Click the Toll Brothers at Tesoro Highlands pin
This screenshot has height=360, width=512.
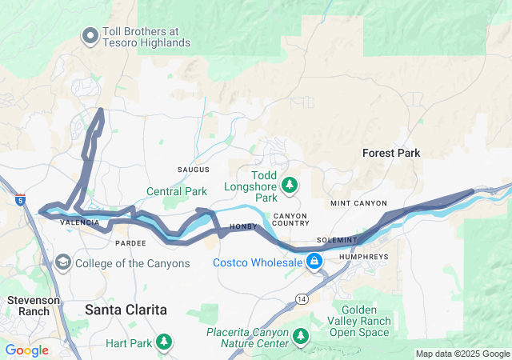[x=90, y=34]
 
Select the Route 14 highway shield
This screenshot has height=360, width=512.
[x=300, y=298]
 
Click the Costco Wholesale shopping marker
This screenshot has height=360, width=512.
[x=314, y=262]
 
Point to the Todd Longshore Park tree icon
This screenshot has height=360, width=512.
[x=289, y=186]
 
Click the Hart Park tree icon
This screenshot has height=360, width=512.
[x=163, y=342]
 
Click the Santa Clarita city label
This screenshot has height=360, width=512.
[x=126, y=308]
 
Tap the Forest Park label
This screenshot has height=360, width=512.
[x=391, y=153]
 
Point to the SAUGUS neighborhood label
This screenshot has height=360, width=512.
[x=193, y=170]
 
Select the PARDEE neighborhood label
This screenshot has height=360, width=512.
[x=130, y=242]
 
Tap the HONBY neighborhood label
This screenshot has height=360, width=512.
[x=244, y=227]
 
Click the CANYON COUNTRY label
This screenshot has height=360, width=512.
[x=290, y=221]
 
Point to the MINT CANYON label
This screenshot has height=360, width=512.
[x=358, y=204]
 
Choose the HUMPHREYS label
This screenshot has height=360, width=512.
[x=363, y=257]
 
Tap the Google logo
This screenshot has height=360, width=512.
[x=26, y=350]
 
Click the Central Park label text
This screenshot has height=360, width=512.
[x=177, y=191]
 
